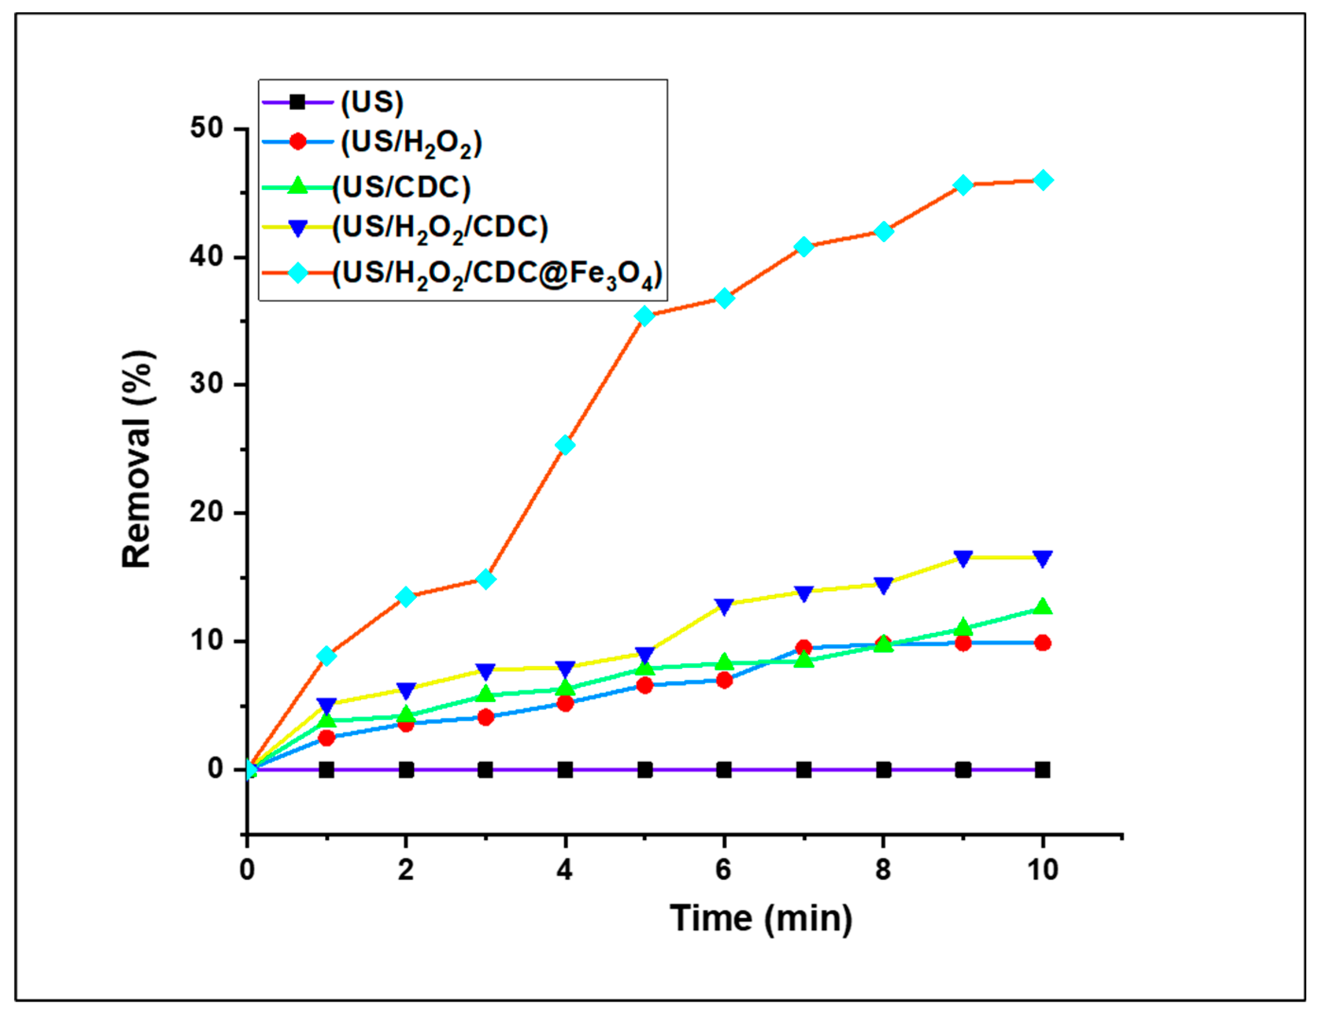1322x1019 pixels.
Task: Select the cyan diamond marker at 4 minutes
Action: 565,445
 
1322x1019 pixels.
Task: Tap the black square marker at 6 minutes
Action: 724,770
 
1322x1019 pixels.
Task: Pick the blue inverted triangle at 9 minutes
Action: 963,558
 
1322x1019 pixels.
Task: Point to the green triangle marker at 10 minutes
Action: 1043,606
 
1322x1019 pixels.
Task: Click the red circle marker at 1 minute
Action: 326,737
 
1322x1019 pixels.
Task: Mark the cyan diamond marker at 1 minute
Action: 326,656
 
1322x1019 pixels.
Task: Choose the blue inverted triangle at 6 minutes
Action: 724,605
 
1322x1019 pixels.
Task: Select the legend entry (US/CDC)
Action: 401,187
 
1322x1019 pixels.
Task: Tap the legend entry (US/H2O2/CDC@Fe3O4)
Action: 497,274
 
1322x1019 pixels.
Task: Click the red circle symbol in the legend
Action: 297,142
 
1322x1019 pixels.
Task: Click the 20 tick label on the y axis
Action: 206,513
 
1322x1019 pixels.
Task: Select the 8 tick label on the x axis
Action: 883,870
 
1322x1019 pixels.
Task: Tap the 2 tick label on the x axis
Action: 405,870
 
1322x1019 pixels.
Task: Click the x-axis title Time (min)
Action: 761,918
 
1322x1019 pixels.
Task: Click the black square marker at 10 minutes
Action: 1042,770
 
